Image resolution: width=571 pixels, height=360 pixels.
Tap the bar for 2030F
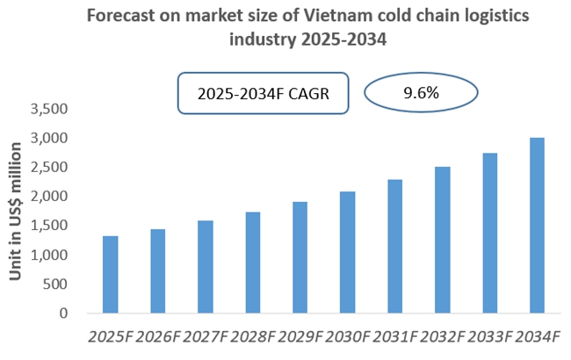347,252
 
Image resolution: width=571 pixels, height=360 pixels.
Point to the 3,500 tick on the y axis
49,110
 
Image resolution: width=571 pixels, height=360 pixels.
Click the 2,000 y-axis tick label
49,197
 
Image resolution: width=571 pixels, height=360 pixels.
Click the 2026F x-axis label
157,337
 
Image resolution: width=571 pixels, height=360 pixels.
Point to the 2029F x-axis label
300,337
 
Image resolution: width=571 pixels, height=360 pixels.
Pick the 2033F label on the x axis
489,337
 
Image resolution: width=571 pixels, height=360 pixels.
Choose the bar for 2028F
252,262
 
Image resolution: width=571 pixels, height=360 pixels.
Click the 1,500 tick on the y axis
49,226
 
